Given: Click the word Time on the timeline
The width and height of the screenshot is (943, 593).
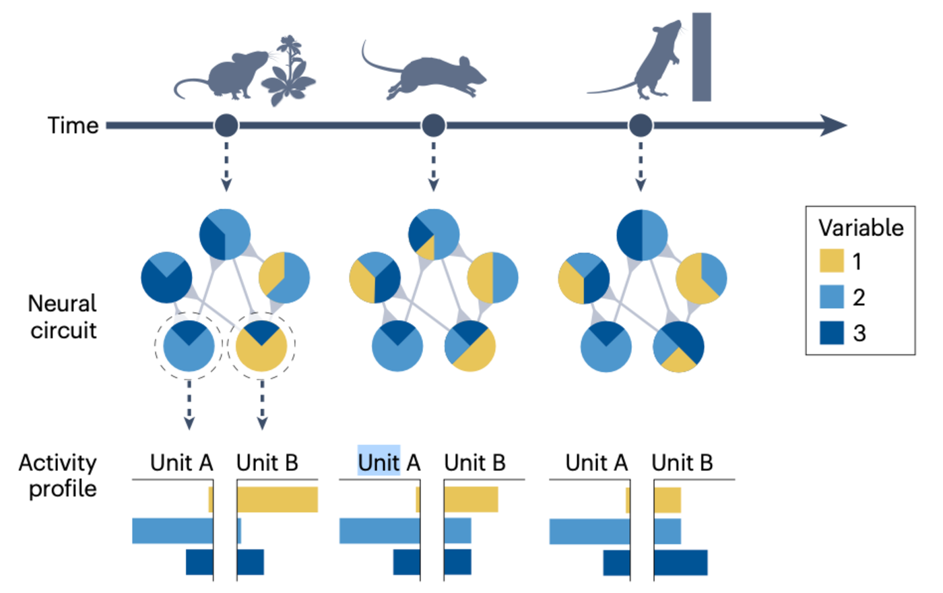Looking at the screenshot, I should [x=73, y=125].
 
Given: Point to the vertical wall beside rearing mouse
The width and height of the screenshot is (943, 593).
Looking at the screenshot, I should [x=701, y=57].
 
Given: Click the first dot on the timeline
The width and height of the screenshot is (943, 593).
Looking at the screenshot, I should [x=226, y=125].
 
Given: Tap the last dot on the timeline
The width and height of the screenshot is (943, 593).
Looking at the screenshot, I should [x=641, y=125].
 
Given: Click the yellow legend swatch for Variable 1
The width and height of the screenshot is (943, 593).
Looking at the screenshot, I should [x=831, y=261].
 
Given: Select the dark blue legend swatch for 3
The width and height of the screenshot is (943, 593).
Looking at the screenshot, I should [x=831, y=332].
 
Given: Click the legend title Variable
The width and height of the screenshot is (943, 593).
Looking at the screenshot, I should [x=861, y=228].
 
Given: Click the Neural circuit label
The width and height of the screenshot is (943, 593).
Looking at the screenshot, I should [x=63, y=317].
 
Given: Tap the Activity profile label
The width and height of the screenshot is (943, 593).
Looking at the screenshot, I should [x=58, y=476].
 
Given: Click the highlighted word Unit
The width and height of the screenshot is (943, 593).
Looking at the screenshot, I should [x=379, y=462].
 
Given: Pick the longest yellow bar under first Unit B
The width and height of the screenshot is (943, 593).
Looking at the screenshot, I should [x=278, y=499].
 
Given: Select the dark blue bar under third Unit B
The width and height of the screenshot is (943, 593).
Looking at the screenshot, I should [x=681, y=563].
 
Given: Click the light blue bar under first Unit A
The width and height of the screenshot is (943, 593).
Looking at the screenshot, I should [x=172, y=530].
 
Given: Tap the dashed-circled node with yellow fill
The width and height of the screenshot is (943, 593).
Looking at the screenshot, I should [x=261, y=346].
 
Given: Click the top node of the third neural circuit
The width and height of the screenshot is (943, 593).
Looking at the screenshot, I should [x=642, y=235].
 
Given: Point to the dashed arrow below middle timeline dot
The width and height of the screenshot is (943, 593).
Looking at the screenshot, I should [x=433, y=165].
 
